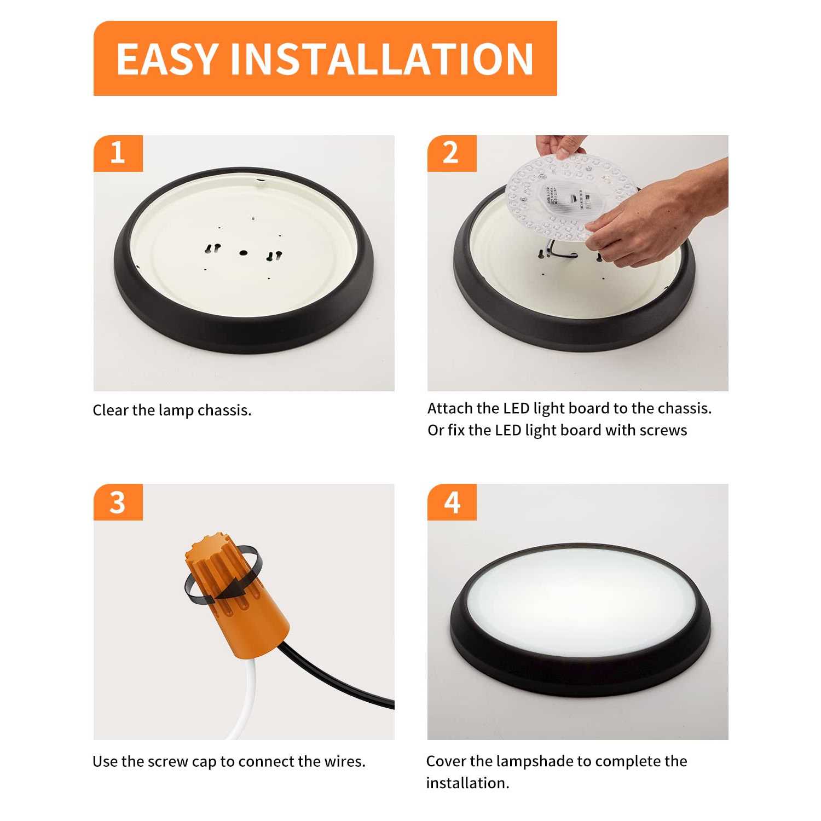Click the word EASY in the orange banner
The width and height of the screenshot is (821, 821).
coord(166,59)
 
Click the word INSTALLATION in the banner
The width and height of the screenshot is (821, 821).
coord(381,59)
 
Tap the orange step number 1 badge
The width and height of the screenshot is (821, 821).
coord(118,153)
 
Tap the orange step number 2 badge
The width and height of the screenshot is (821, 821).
coord(451,153)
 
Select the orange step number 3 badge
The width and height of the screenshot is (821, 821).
coord(118,502)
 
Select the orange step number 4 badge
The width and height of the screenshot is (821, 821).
coord(452,502)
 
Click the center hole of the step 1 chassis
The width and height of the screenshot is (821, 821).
coord(243,253)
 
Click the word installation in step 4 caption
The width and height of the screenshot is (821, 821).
coord(467,783)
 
